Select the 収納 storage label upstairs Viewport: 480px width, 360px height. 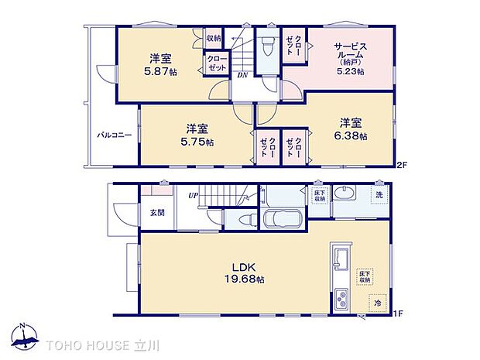[x=214, y=38]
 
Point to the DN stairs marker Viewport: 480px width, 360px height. [x=242, y=75]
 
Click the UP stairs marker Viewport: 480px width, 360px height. [x=192, y=196]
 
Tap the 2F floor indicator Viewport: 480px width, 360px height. [x=401, y=165]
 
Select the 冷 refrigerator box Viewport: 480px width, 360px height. [x=378, y=303]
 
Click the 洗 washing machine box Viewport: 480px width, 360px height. [x=379, y=194]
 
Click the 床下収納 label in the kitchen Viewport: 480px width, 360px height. [x=362, y=277]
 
